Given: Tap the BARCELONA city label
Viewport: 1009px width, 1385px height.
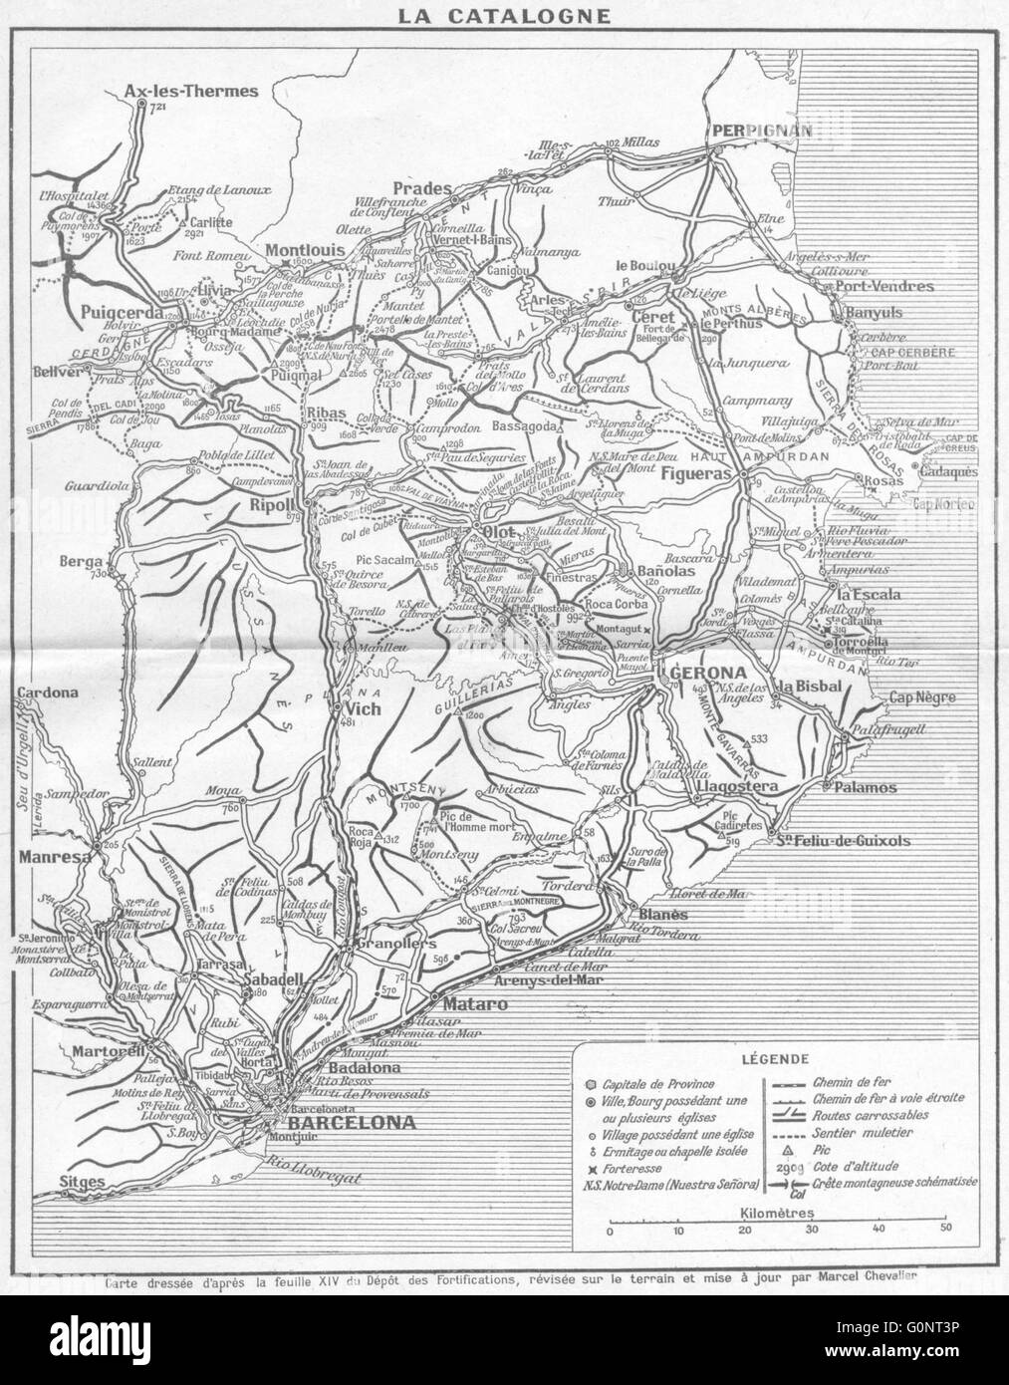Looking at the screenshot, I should click(x=339, y=1122).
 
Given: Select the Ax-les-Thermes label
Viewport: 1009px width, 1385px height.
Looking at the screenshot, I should click(x=191, y=91).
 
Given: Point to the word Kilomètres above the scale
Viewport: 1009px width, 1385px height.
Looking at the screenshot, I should click(x=777, y=1213).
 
